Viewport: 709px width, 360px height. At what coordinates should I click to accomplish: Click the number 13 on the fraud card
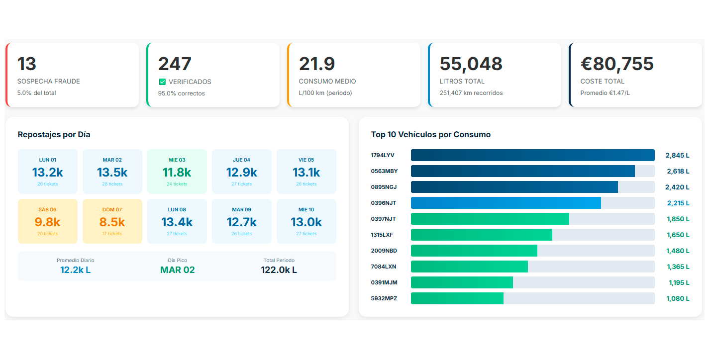[x=27, y=64]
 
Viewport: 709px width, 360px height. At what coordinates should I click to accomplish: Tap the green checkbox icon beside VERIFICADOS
[x=162, y=82]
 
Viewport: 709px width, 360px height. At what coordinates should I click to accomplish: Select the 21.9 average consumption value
[x=317, y=64]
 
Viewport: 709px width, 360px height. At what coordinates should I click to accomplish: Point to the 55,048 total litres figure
[x=471, y=64]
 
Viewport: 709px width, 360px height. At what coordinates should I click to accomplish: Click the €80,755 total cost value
[x=617, y=64]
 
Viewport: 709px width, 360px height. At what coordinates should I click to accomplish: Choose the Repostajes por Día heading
[x=54, y=135]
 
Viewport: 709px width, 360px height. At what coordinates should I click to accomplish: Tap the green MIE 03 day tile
[x=177, y=172]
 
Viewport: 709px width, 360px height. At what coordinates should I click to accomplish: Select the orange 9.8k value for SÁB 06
[x=48, y=222]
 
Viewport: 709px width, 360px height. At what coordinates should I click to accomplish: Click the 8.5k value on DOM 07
[x=112, y=222]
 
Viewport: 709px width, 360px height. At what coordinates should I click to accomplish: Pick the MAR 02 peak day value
[x=177, y=270]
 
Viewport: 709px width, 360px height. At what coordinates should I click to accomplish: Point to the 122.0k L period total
[x=279, y=270]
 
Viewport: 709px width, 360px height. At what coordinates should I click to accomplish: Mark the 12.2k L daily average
[x=75, y=270]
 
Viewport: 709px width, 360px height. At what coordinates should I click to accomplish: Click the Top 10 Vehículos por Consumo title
[x=431, y=135]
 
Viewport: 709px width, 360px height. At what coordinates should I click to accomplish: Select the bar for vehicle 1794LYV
[x=532, y=155]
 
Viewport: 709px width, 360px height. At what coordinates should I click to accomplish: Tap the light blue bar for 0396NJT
[x=506, y=203]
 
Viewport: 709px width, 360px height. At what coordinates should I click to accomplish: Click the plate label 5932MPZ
[x=384, y=298]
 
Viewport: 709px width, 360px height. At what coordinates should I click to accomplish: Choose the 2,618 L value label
[x=677, y=172]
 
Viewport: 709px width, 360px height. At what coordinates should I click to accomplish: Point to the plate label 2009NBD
[x=384, y=251]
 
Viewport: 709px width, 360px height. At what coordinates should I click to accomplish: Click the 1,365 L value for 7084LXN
[x=677, y=267]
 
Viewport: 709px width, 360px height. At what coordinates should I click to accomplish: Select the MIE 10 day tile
[x=306, y=221]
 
